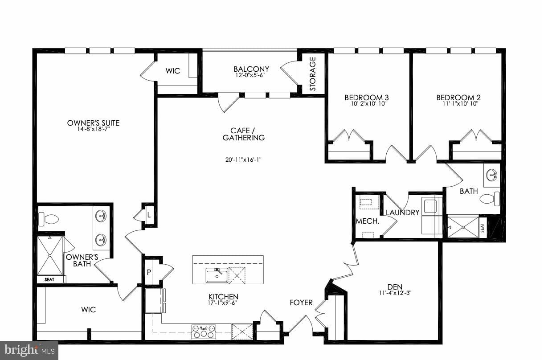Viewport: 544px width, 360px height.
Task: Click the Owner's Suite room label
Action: [93, 123]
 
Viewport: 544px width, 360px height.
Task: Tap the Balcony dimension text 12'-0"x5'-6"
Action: [251, 76]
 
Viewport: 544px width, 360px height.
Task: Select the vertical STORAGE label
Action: [313, 74]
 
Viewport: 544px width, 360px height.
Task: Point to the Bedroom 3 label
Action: [364, 98]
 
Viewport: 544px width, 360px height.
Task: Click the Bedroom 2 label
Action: [458, 98]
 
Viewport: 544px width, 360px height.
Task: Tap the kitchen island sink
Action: [217, 275]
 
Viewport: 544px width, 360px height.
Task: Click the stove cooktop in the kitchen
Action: [204, 332]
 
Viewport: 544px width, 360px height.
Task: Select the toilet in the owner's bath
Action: [49, 219]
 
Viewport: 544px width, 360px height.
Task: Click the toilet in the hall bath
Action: [490, 199]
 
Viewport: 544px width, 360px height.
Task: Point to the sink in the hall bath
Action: [491, 175]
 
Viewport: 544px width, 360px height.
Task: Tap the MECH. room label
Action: [368, 221]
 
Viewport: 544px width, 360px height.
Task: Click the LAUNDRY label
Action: [402, 213]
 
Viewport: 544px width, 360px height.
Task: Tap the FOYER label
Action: [301, 303]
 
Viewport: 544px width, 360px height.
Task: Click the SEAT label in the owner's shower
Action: [49, 280]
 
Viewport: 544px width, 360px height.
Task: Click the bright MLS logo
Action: [29, 350]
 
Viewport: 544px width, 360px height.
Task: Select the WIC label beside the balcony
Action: [173, 71]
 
